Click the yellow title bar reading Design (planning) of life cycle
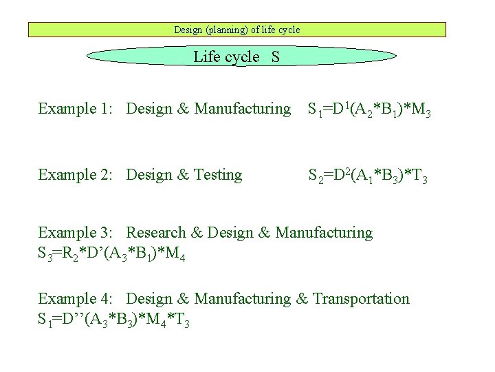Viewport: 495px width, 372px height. coord(237,30)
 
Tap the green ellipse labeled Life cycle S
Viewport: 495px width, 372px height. coord(243,56)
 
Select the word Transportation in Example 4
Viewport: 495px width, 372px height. coord(361,299)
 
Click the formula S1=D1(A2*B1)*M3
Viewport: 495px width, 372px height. coord(369,110)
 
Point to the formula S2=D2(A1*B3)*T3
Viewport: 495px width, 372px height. coord(368,176)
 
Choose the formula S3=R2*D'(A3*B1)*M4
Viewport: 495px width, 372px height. coord(111,256)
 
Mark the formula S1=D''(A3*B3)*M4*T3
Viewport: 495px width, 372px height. coord(113,321)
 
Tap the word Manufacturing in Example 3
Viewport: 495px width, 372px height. coord(324,233)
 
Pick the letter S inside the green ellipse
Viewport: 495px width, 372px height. coord(275,56)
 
